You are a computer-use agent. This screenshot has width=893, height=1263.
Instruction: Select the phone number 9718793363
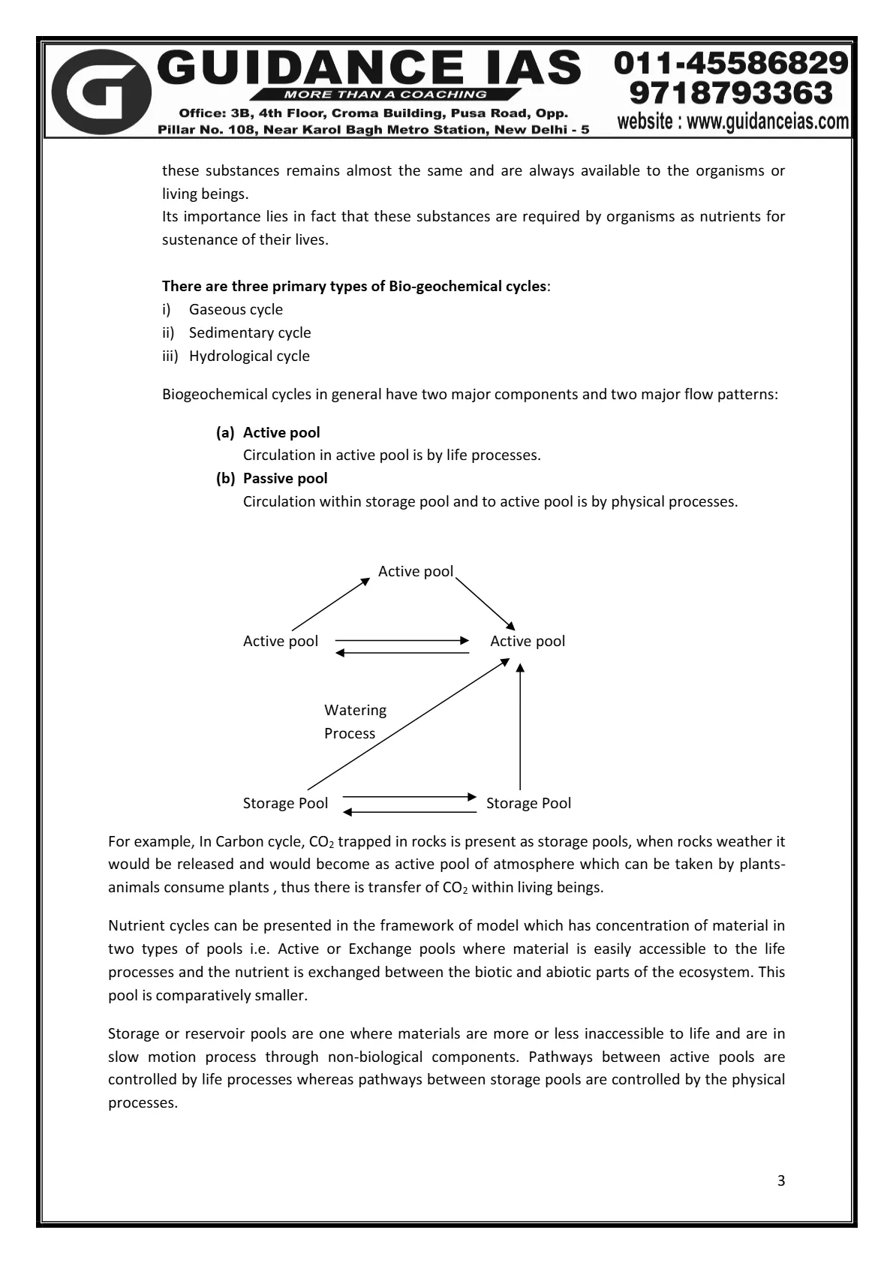pyautogui.click(x=732, y=93)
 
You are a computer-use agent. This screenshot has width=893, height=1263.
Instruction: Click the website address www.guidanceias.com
pyautogui.click(x=732, y=121)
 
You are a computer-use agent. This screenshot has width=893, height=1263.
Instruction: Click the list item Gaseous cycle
pyautogui.click(x=236, y=309)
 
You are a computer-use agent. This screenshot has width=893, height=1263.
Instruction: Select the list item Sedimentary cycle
pyautogui.click(x=250, y=332)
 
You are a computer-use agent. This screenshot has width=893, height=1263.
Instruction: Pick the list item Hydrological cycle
pyautogui.click(x=249, y=356)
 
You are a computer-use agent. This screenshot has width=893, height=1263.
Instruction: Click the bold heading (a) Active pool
pyautogui.click(x=268, y=432)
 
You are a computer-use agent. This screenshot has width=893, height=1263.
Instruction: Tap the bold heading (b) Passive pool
pyautogui.click(x=272, y=478)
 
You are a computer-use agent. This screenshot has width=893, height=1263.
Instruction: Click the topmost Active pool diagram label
pyautogui.click(x=416, y=572)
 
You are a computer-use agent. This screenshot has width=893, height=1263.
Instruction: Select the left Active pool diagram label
pyautogui.click(x=281, y=641)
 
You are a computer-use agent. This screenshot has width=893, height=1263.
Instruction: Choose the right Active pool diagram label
pyautogui.click(x=528, y=641)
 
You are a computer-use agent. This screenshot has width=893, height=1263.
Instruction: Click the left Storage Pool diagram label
pyautogui.click(x=285, y=803)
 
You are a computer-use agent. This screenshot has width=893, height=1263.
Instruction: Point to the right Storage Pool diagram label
pyautogui.click(x=528, y=803)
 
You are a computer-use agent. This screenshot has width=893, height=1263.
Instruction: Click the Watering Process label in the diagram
pyautogui.click(x=354, y=721)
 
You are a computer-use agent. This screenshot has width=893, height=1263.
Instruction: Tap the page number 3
pyautogui.click(x=781, y=1180)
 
